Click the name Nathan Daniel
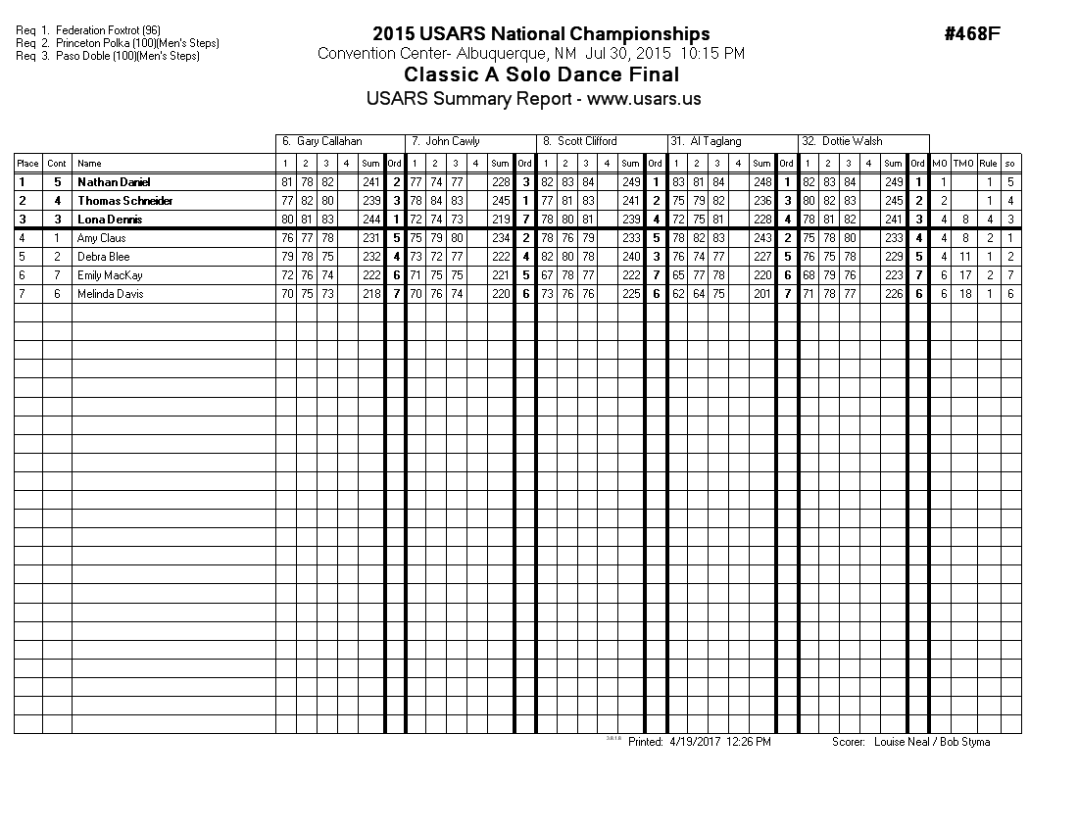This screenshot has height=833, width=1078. coord(114,182)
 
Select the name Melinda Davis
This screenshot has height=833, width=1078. coord(110,294)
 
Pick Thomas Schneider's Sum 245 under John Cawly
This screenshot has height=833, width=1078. coord(500,201)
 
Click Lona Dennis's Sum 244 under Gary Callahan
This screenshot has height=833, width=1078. coord(370,220)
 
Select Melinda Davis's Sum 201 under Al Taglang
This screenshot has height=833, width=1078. coord(761,294)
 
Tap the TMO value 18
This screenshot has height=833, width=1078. coord(964,294)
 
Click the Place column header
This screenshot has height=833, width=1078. coord(27,164)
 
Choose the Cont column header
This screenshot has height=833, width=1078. coord(57,164)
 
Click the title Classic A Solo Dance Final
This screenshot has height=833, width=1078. coord(541,75)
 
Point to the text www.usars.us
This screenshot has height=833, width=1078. coord(643,99)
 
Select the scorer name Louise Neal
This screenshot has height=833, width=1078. coord(899,742)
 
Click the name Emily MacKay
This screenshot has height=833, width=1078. coord(110,275)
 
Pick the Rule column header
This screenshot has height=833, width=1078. coord(989,164)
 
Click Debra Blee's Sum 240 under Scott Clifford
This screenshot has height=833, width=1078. coord(630,257)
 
